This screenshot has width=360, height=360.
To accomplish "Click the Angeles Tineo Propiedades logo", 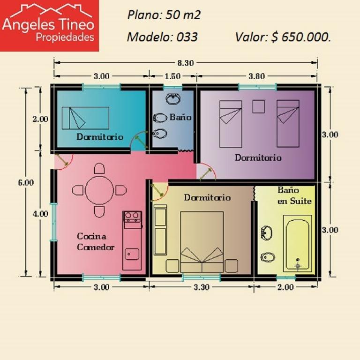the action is click(x=49, y=25).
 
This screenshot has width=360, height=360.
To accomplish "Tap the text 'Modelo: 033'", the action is click(x=162, y=37).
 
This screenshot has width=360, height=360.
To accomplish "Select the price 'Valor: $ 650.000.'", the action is click(x=283, y=37).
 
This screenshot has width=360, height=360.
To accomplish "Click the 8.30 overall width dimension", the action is click(x=186, y=63).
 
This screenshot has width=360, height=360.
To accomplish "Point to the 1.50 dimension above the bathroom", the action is click(x=172, y=76).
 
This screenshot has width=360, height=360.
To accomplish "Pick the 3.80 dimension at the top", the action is click(x=257, y=76).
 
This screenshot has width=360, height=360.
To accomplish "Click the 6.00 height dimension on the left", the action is click(x=26, y=182).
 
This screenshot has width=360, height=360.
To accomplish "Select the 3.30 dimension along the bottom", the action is click(x=202, y=287).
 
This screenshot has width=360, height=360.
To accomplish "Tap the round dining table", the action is click(x=99, y=190).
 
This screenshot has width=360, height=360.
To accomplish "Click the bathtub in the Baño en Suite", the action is click(x=298, y=244).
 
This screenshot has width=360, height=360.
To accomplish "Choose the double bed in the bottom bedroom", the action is click(x=202, y=242).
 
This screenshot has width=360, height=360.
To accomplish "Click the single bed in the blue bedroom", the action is click(x=85, y=118).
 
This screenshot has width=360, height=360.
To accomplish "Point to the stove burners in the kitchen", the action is click(x=132, y=217).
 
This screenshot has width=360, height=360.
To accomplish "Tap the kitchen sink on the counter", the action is click(x=132, y=254).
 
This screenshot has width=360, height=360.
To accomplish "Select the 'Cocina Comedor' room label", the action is click(x=96, y=242).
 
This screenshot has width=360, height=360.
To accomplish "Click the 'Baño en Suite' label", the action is click(x=294, y=195).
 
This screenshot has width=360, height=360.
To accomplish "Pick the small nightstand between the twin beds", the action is click(x=259, y=106).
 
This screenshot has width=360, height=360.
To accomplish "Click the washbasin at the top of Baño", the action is click(x=173, y=99).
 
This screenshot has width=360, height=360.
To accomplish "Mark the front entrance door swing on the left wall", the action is click(x=64, y=162).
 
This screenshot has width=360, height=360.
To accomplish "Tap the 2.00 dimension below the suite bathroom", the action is click(x=285, y=287).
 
